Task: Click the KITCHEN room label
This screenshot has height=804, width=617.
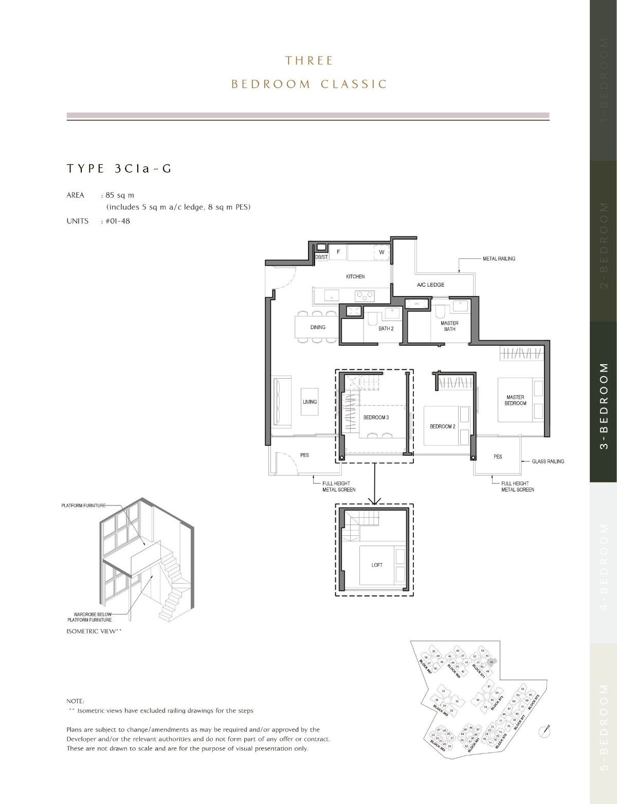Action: pos(355,276)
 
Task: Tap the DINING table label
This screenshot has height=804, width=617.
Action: pos(318,327)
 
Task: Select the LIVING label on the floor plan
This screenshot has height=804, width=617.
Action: pos(310,402)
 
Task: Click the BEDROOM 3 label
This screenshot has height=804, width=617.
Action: pos(376,418)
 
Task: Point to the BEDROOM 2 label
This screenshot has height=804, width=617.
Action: pos(442,426)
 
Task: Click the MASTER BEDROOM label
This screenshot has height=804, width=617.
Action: pos(515,400)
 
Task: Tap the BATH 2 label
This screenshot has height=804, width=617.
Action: pos(386,328)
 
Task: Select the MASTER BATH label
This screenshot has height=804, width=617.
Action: pos(449,326)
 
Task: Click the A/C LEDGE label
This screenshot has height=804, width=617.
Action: pos(430,285)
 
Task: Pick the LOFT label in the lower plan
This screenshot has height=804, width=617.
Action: pos(377,565)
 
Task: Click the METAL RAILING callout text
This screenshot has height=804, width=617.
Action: pos(499,258)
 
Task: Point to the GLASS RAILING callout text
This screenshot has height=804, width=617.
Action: pos(548,461)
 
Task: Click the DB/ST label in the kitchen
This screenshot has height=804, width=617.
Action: pos(321,257)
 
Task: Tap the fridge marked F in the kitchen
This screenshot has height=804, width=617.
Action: pos(338,252)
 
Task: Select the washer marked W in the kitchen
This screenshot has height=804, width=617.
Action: pos(382,252)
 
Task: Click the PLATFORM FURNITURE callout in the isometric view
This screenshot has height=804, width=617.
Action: pos(83,506)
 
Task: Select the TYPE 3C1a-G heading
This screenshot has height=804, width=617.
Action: pos(119,169)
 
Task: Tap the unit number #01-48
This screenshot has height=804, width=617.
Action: pos(117,221)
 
